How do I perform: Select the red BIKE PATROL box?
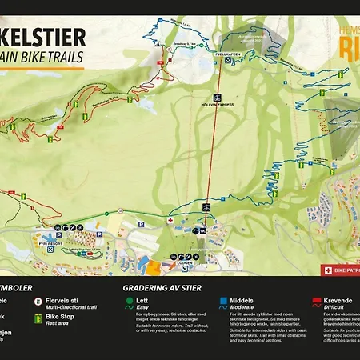tap(340, 270)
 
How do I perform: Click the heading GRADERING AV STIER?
tap(162, 288)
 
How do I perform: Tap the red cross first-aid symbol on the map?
tap(170, 218)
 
